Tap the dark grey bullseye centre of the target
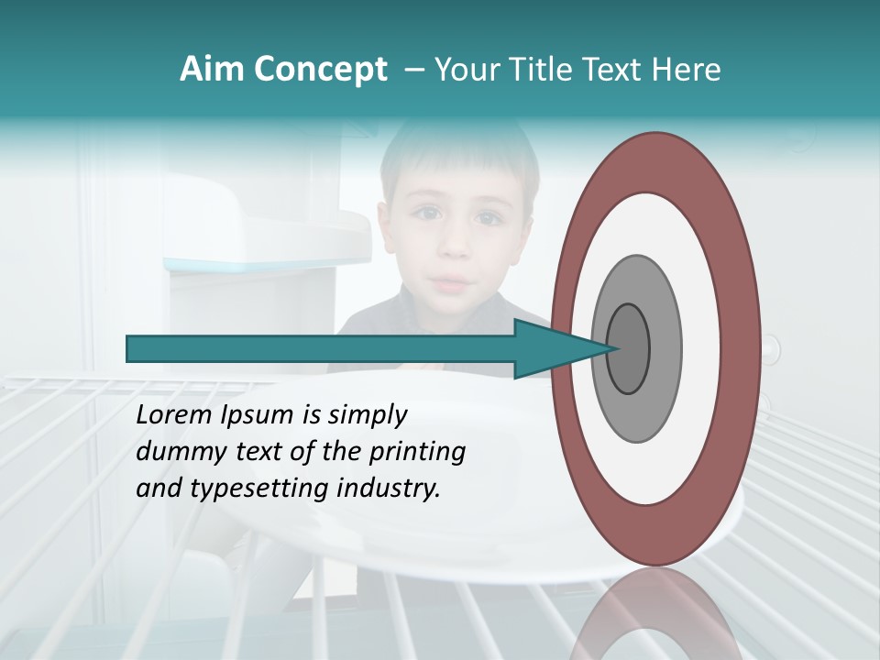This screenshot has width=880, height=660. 628,348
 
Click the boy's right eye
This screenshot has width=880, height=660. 427,214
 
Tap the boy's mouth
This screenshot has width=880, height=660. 449,281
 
